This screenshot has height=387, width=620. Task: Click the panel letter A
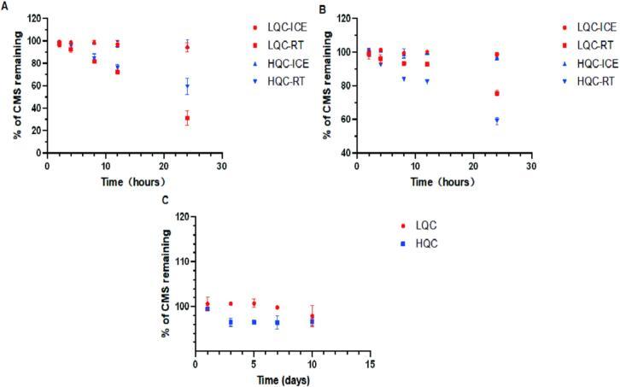pos(5,6)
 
